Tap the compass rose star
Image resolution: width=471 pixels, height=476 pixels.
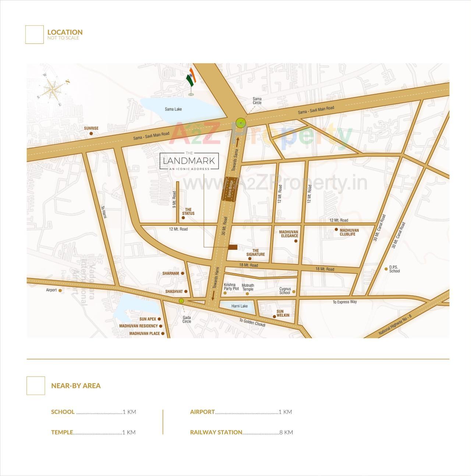[54, 89]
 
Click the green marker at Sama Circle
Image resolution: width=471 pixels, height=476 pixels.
[241, 123]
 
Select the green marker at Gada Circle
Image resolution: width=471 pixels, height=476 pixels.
[181, 301]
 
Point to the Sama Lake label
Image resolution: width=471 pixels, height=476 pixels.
[173, 109]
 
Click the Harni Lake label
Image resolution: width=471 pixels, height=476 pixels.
[240, 306]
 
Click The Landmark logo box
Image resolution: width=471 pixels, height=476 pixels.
[189, 161]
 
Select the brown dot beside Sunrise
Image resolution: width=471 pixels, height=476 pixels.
[91, 134]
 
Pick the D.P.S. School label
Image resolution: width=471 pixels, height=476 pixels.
[394, 269]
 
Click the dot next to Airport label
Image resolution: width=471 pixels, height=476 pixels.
[60, 291]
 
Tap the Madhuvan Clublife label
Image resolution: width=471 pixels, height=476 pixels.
[349, 232]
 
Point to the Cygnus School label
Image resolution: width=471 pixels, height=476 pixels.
[285, 291]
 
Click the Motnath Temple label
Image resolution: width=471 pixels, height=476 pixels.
[248, 287]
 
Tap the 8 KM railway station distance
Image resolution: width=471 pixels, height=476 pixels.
[286, 432]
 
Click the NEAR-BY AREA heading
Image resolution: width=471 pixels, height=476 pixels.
[76, 386]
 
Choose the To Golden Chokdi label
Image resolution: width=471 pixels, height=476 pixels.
[252, 323]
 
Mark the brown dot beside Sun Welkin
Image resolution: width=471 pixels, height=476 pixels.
[274, 316]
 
